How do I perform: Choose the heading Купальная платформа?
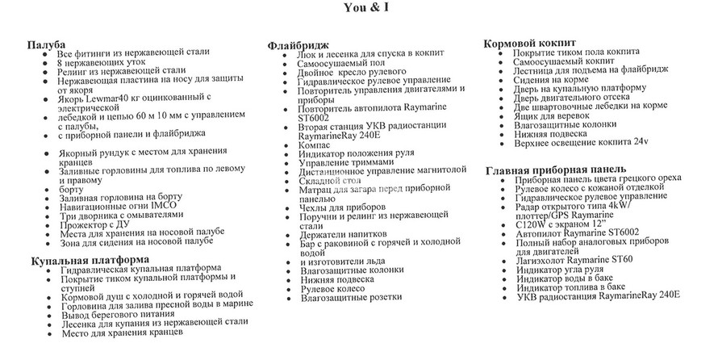pos(89,259)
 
